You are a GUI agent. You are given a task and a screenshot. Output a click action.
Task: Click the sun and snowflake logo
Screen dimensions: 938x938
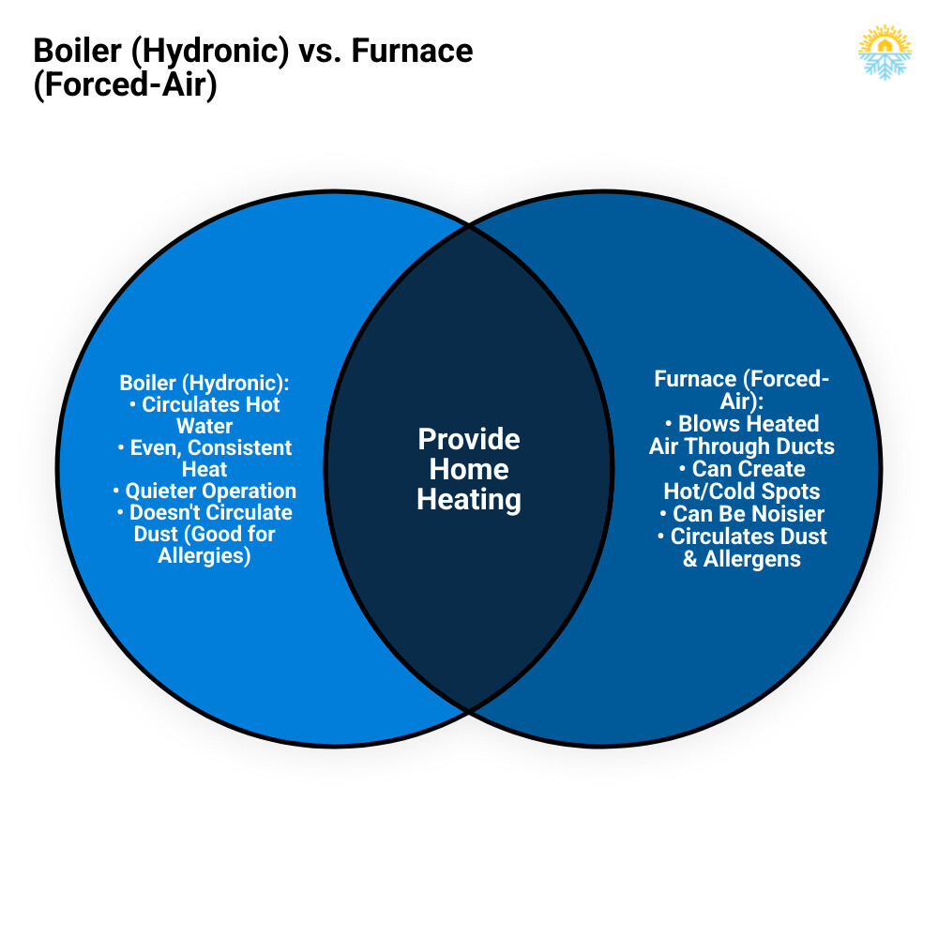tap(885, 53)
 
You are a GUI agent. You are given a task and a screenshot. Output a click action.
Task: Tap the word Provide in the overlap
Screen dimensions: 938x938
tap(469, 439)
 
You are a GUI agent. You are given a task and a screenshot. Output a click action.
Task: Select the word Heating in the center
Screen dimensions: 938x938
tap(469, 499)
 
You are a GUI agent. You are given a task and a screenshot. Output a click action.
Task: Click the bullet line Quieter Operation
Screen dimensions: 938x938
tap(204, 491)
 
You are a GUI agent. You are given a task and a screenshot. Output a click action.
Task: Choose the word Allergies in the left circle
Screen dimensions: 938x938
tap(204, 556)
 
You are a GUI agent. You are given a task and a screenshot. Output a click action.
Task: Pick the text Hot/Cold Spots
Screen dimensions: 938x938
tap(742, 491)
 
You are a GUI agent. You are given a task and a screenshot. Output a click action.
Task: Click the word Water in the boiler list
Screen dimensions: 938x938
tap(204, 426)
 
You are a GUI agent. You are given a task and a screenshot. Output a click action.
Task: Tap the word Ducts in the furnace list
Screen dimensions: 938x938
tap(805, 446)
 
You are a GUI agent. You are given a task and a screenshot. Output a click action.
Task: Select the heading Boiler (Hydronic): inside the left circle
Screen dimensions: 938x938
tap(204, 383)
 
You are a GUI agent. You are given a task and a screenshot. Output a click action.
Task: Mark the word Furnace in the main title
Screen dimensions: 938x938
tap(412, 50)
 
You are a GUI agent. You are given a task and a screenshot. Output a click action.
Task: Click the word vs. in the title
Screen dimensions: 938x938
tap(320, 50)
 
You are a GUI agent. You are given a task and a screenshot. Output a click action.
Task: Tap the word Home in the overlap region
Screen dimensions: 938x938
tap(469, 469)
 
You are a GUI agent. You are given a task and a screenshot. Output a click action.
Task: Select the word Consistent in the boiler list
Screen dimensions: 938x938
tap(239, 447)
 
